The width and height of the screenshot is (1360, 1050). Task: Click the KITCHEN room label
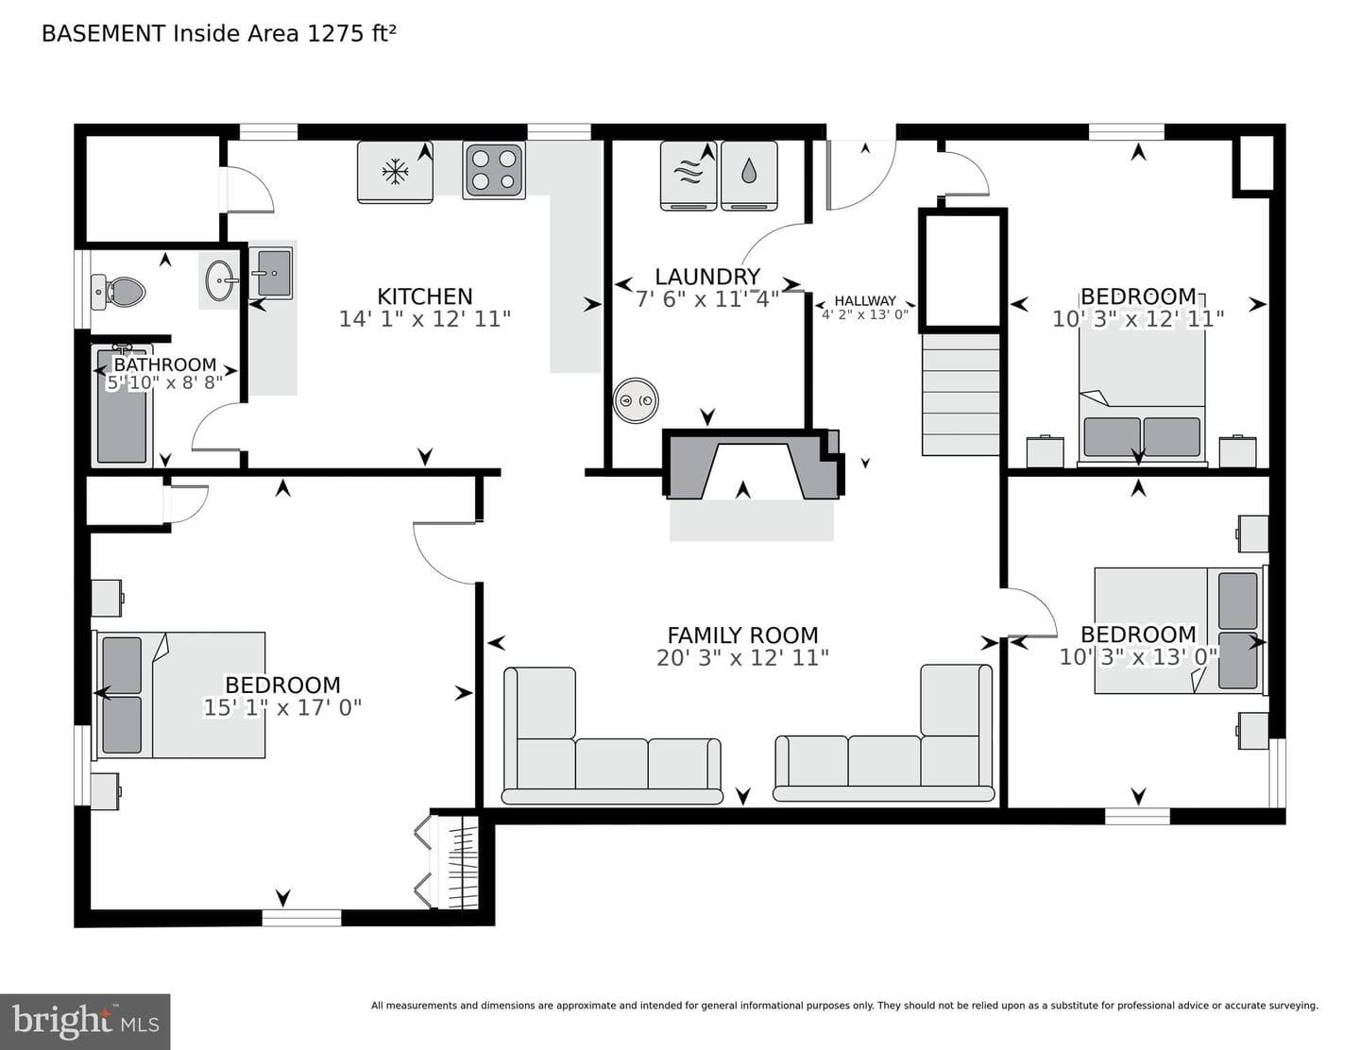tap(424, 296)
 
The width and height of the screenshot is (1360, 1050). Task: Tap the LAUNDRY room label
tap(707, 277)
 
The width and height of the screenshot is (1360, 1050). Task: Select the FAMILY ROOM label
tap(742, 635)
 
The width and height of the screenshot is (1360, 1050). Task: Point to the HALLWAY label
tap(865, 301)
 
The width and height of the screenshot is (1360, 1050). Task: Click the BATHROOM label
tap(165, 364)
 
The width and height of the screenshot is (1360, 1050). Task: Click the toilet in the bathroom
tap(118, 292)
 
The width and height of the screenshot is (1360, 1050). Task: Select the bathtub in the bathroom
tap(122, 405)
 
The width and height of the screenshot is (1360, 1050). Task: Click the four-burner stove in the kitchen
tap(494, 170)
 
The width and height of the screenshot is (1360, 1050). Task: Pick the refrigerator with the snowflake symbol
tap(395, 172)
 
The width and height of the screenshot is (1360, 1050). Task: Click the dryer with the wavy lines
tap(688, 176)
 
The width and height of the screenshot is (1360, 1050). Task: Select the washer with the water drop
tap(749, 176)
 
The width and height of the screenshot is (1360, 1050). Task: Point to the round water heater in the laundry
tap(636, 400)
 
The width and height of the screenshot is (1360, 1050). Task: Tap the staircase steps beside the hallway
tap(960, 394)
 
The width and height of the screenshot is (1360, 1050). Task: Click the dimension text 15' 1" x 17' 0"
tap(283, 708)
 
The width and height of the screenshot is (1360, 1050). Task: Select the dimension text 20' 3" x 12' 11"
tap(742, 657)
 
